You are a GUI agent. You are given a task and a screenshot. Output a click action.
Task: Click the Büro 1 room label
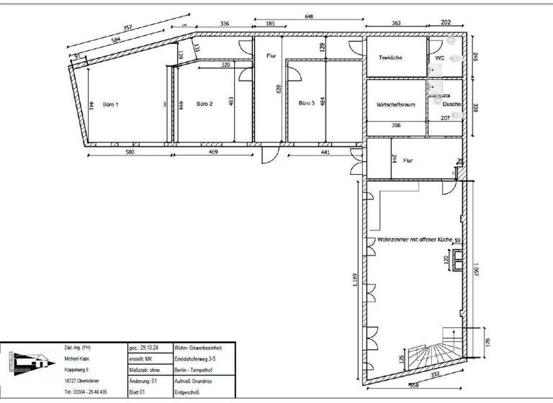tap(109, 104)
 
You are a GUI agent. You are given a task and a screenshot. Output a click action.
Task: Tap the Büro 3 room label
tap(307, 104)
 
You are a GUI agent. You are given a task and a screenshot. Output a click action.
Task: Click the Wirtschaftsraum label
tap(396, 105)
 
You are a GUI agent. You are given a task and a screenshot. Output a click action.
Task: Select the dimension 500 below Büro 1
tap(130, 153)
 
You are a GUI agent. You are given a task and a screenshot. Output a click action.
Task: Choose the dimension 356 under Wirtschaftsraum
tap(396, 125)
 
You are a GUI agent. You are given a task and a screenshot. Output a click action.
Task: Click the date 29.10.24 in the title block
tap(148, 347)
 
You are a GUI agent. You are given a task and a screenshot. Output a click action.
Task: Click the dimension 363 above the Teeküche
tap(396, 24)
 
